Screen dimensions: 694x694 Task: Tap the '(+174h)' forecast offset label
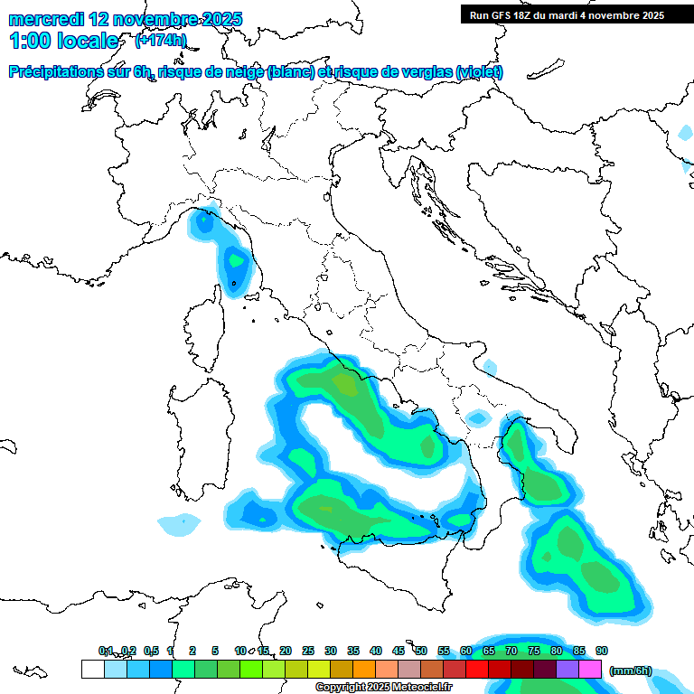[161, 40]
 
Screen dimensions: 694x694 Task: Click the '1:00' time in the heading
[29, 41]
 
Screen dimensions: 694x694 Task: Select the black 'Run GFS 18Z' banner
[567, 14]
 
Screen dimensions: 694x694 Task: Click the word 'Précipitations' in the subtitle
[63, 72]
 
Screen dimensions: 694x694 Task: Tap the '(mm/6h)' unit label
[630, 670]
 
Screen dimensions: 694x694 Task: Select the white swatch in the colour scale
[92, 670]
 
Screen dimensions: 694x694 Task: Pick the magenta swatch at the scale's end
[590, 670]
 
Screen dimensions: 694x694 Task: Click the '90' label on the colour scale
[602, 651]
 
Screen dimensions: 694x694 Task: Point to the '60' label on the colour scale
[466, 651]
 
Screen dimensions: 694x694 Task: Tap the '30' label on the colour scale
[331, 651]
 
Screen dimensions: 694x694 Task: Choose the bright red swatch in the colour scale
[477, 670]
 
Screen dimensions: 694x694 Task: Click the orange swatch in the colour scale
[364, 670]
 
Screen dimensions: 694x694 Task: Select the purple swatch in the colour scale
[567, 670]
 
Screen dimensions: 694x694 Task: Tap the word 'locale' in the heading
[89, 41]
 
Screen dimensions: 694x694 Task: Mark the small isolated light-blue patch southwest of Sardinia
[179, 522]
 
